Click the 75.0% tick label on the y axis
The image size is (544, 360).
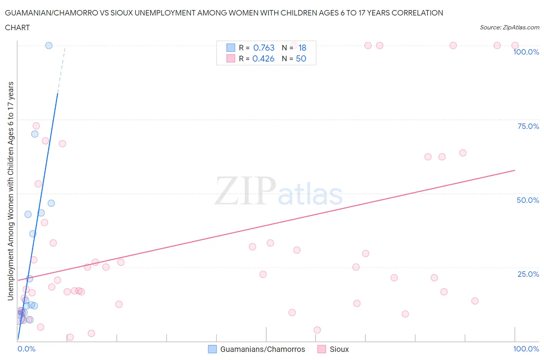(528, 126)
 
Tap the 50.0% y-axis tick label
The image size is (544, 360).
(528, 200)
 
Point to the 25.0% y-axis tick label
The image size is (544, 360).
(528, 274)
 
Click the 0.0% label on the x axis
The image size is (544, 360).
(26, 349)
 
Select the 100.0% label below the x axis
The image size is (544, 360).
(526, 349)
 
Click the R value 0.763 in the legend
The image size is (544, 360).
(263, 48)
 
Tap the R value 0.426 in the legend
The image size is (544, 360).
(263, 58)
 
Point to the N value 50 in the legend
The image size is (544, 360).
(301, 58)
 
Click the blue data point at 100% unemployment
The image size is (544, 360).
(49, 45)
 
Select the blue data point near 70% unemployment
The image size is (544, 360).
(35, 134)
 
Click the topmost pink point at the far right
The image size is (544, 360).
(515, 45)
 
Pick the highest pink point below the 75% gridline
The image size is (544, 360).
(36, 126)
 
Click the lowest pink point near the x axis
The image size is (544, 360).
(70, 337)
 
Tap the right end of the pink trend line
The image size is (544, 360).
(515, 170)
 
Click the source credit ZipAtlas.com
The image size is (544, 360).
(509, 27)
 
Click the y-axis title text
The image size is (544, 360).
(10, 191)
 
